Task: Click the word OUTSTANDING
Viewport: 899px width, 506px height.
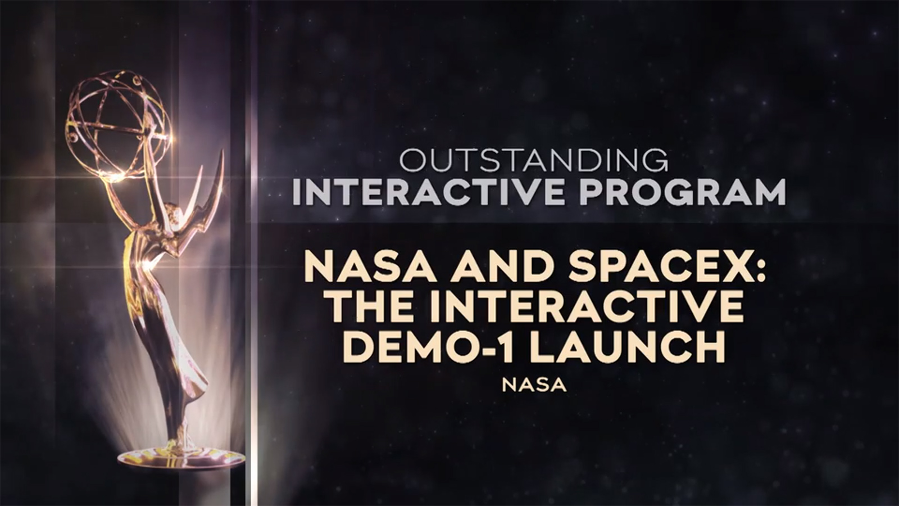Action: coord(533,160)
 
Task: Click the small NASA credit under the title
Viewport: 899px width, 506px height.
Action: coord(534,385)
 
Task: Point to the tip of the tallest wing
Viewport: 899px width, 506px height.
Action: coord(222,152)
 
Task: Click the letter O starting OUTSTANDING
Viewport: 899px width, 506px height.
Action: coord(412,160)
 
